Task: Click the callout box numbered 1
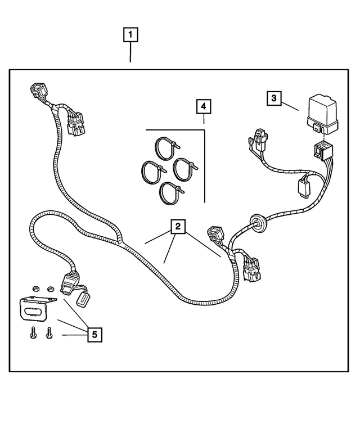(x=130, y=34)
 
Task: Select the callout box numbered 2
(x=178, y=226)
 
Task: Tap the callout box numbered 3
(x=274, y=98)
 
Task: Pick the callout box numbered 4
(x=204, y=106)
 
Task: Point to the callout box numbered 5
(x=94, y=335)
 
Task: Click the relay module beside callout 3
(x=323, y=115)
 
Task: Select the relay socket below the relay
(x=322, y=151)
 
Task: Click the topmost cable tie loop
(x=166, y=148)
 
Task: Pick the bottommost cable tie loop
(x=171, y=193)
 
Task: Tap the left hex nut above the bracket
(x=35, y=289)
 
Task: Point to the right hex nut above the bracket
(x=51, y=289)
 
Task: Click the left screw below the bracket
(x=33, y=332)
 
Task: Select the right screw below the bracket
(x=49, y=332)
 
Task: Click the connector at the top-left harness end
(x=39, y=91)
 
